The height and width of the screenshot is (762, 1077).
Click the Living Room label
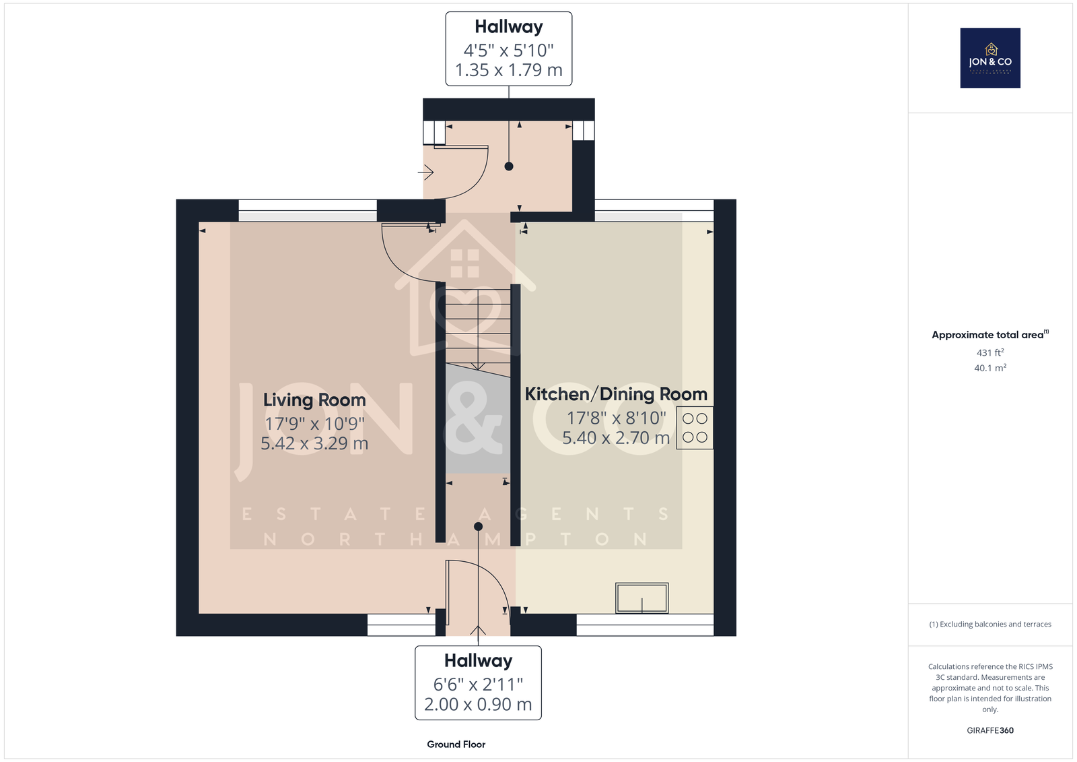314,400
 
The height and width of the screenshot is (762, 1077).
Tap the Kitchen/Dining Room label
616,394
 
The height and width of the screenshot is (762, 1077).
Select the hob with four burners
695,428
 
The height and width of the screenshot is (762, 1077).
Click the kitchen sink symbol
642,598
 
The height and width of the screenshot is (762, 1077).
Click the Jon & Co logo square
990,58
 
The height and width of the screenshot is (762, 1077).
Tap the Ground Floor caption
456,744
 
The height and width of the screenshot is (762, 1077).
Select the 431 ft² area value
990,352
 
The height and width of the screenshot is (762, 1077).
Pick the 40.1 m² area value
990,368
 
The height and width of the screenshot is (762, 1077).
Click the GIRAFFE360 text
990,730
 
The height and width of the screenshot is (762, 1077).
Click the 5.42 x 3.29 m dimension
314,443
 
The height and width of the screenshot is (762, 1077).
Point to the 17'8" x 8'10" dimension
616,418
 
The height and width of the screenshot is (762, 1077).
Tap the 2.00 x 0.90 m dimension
478,705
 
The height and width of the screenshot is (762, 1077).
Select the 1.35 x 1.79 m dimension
509,70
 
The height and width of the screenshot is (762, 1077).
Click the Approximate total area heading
990,335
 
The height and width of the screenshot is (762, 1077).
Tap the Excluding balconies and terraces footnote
990,625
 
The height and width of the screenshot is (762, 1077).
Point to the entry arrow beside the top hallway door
426,172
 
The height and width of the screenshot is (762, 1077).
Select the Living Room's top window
308,210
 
